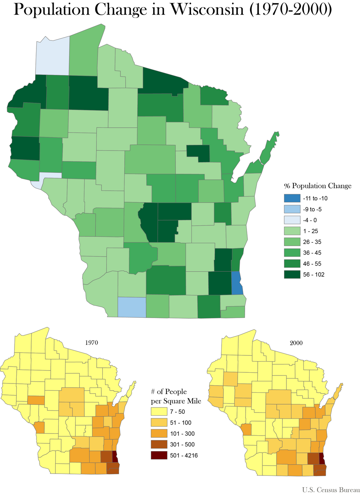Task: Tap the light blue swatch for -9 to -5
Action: pyautogui.click(x=292, y=209)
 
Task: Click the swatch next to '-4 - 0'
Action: pyautogui.click(x=292, y=220)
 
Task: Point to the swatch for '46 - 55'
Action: pyautogui.click(x=292, y=264)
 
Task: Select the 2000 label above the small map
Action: pyautogui.click(x=296, y=342)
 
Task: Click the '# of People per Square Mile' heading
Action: pyautogui.click(x=176, y=396)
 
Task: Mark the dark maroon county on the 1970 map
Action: pyautogui.click(x=115, y=456)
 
